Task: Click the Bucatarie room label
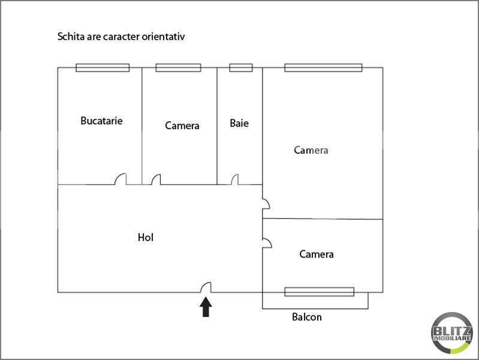pyautogui.click(x=101, y=121)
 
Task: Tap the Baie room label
pyautogui.click(x=239, y=123)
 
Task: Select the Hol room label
pyautogui.click(x=146, y=238)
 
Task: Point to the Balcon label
pyautogui.click(x=307, y=317)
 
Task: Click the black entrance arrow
pyautogui.click(x=206, y=307)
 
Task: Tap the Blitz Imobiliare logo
pyautogui.click(x=451, y=333)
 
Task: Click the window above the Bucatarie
pyautogui.click(x=103, y=68)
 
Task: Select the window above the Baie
pyautogui.click(x=241, y=68)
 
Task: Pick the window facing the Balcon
pyautogui.click(x=319, y=292)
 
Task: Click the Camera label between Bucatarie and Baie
pyautogui.click(x=182, y=126)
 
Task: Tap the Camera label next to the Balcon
pyautogui.click(x=316, y=254)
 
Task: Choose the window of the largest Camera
pyautogui.click(x=323, y=68)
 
